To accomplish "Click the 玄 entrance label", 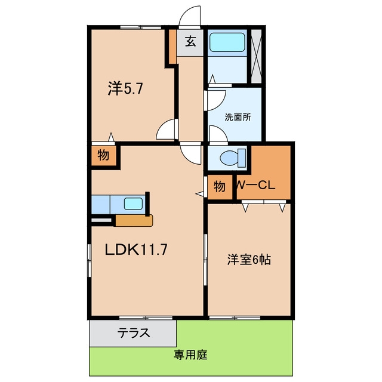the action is click(x=190, y=41).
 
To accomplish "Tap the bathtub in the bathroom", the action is click(x=227, y=42).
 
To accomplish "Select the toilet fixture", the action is click(x=233, y=158).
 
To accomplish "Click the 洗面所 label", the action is click(x=238, y=118).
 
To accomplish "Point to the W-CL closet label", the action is click(x=255, y=186).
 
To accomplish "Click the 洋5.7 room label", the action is click(x=125, y=89).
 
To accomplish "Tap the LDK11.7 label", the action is click(x=136, y=249).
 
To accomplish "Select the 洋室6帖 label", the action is click(x=249, y=260).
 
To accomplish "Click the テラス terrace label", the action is click(x=134, y=333).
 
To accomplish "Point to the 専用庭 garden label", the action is click(x=190, y=355).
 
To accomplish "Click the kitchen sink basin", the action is click(x=133, y=204).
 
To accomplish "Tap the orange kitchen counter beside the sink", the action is click(x=134, y=220).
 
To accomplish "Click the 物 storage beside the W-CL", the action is click(x=220, y=187).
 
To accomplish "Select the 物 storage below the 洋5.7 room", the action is click(x=103, y=155).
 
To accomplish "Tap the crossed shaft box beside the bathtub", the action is click(x=256, y=56).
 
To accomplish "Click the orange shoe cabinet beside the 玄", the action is click(x=172, y=47).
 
